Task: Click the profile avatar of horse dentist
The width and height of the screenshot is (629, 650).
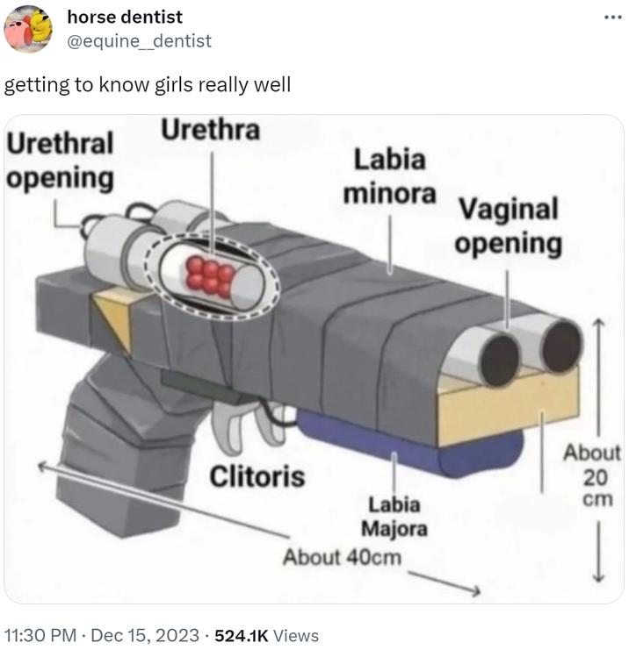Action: tap(28, 29)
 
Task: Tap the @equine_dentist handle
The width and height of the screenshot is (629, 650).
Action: tap(139, 41)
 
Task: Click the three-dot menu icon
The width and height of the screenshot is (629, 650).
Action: tap(613, 18)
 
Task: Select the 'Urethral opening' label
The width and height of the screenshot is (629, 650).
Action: tap(60, 161)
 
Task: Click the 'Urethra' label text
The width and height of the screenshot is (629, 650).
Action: tap(211, 129)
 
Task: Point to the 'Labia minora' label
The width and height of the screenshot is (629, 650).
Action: tap(389, 176)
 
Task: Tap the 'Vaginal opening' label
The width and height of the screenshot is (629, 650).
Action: tap(508, 226)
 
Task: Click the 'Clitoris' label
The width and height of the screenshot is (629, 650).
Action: tap(257, 476)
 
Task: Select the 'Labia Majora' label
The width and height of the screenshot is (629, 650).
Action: tap(394, 517)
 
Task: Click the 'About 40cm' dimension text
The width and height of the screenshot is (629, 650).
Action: tap(342, 557)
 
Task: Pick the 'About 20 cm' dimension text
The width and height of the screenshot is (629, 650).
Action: tap(592, 475)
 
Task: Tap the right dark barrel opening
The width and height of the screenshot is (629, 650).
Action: tap(561, 346)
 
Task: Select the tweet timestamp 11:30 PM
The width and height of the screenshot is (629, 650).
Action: tap(40, 635)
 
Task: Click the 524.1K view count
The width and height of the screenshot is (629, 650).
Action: tap(242, 635)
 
